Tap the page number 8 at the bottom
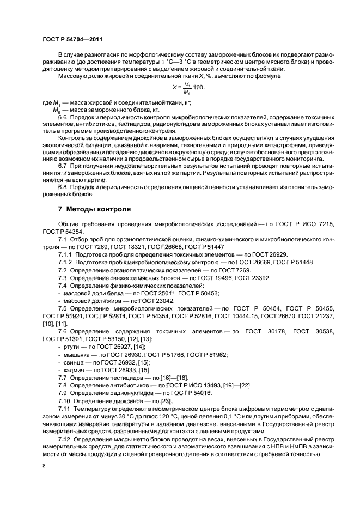[44, 466]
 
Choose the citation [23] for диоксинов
[160, 400]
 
